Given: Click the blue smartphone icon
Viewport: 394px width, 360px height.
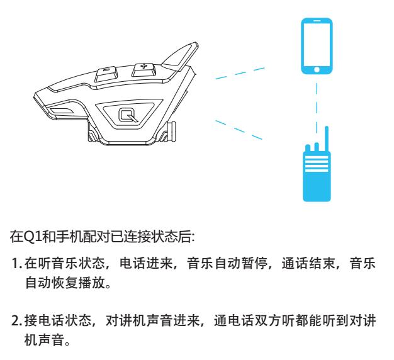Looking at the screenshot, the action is pyautogui.click(x=317, y=46).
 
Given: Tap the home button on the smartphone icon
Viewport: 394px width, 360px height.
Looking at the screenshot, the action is pyautogui.click(x=317, y=69).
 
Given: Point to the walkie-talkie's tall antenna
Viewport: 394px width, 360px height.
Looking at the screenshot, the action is pyautogui.click(x=327, y=139).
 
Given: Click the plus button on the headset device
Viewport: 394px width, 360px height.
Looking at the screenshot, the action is pyautogui.click(x=144, y=70).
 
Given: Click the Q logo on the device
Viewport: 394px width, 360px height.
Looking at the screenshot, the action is pyautogui.click(x=128, y=115).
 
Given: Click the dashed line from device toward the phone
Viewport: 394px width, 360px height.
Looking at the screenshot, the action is pyautogui.click(x=240, y=73).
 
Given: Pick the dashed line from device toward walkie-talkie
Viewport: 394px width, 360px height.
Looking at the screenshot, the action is pyautogui.click(x=239, y=130).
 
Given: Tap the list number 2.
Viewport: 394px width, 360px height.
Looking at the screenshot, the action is pyautogui.click(x=16, y=321).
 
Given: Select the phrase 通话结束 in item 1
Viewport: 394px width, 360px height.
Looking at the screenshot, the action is pyautogui.click(x=308, y=263).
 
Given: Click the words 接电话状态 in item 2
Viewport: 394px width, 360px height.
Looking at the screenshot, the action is pyautogui.click(x=57, y=320).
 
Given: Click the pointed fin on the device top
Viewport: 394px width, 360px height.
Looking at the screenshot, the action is pyautogui.click(x=179, y=57).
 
